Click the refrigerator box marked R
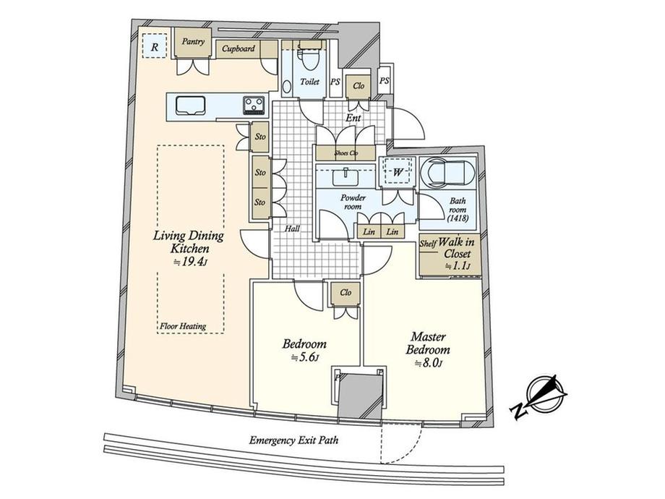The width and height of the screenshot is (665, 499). pyautogui.click(x=155, y=46)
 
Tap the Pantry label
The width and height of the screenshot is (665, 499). pyautogui.click(x=193, y=42)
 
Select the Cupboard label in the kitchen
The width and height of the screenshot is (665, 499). pyautogui.click(x=239, y=48)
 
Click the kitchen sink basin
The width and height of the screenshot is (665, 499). pyautogui.click(x=190, y=106)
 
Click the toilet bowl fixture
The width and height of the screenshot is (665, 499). pyautogui.click(x=309, y=59)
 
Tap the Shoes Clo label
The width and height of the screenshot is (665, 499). pyautogui.click(x=346, y=153)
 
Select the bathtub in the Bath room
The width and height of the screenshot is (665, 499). pyautogui.click(x=448, y=172)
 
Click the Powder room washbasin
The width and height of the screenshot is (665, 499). pyautogui.click(x=346, y=176)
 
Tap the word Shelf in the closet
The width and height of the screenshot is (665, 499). pyautogui.click(x=428, y=244)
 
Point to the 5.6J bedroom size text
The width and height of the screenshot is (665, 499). pyautogui.click(x=304, y=357)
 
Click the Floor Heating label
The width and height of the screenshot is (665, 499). pyautogui.click(x=183, y=326)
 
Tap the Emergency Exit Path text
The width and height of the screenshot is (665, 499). pyautogui.click(x=293, y=440)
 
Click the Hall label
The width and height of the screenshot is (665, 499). pyautogui.click(x=292, y=229)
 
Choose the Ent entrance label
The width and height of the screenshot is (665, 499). pyautogui.click(x=353, y=118)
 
